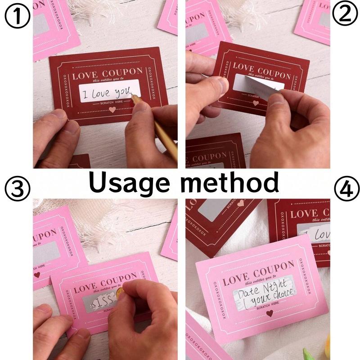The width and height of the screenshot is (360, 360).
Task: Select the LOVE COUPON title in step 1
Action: pos(107,72)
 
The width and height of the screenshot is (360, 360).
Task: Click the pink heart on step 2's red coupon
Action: pos(256,103)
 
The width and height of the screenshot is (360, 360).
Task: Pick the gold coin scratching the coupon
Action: pos(120,294)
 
